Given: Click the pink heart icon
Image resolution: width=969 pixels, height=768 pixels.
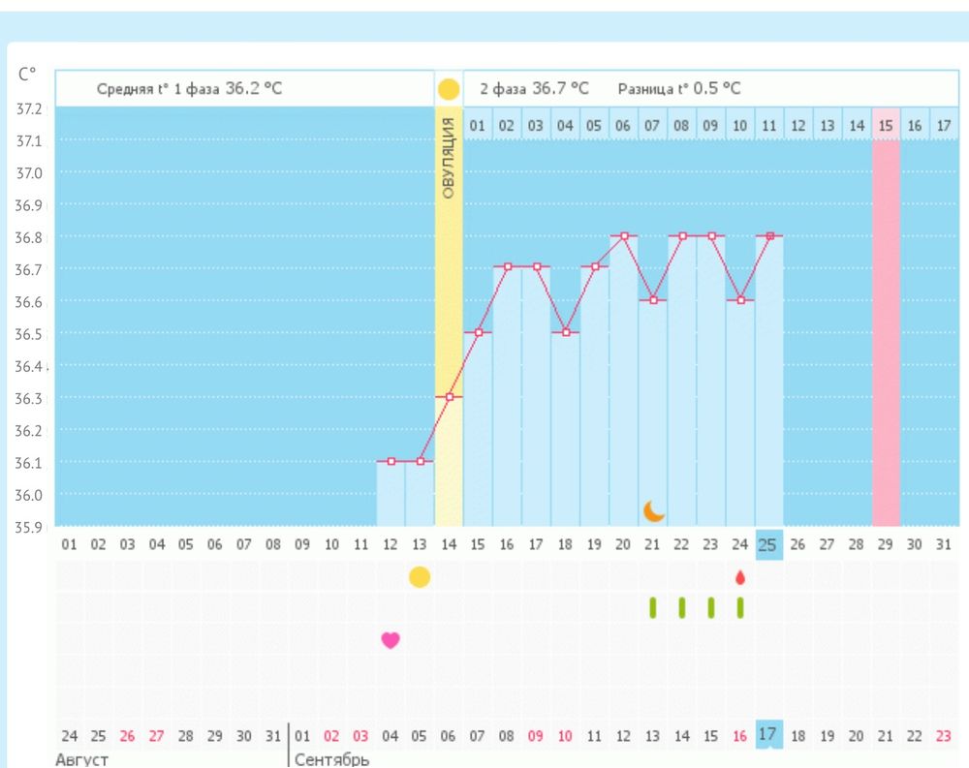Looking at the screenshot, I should coord(391,640).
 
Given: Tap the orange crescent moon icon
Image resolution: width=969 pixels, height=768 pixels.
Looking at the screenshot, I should coord(654,510).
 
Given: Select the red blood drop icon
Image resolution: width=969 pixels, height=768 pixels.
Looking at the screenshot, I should coord(740,577).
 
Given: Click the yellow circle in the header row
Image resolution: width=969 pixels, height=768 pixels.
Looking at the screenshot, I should coord(449,90).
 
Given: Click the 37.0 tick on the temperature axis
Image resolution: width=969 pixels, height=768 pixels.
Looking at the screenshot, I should coord(30,172).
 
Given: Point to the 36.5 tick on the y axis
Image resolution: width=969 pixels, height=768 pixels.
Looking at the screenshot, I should coord(30,333).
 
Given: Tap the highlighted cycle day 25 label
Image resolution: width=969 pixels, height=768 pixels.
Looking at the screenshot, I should coord(767,545).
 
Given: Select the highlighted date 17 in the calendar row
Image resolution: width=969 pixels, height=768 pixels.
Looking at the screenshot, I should coord(767,735).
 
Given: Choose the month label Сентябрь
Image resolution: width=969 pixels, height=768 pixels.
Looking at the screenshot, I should coord(331,758).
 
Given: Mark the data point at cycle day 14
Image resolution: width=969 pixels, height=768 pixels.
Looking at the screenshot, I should coord(449,397).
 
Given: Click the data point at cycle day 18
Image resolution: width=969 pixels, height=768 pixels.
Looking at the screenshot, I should coord(566,332).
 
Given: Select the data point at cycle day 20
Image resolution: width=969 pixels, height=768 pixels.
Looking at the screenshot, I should coord(625,235).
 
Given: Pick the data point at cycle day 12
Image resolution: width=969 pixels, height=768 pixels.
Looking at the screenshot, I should coord(391,461).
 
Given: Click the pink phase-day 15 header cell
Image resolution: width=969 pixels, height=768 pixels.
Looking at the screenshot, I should coord(886,126).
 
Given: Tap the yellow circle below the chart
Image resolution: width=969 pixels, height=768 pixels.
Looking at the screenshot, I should coord(419,577).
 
